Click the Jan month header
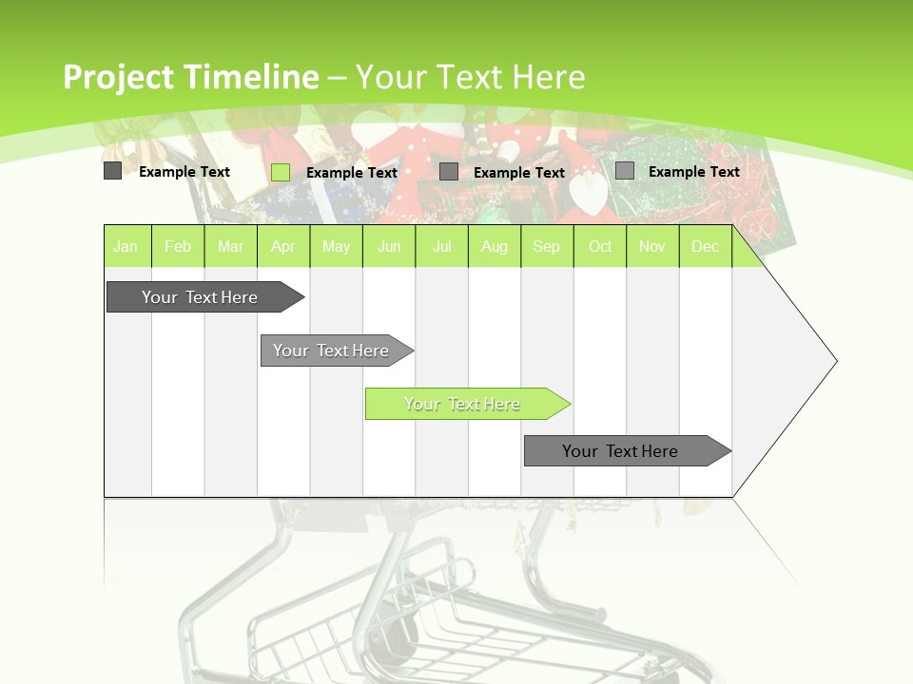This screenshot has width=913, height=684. tap(126, 247)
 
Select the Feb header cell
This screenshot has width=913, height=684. tap(178, 247)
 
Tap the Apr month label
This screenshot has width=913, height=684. tap(282, 247)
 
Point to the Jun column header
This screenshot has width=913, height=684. tap(389, 247)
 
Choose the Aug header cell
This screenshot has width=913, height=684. tap(494, 247)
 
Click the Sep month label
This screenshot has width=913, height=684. tap(546, 247)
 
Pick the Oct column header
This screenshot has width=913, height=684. tap(600, 247)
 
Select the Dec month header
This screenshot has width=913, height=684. tap(705, 247)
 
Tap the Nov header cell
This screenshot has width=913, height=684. tap(652, 247)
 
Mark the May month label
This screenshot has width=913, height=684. tap(336, 247)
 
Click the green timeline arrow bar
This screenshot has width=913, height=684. tap(464, 404)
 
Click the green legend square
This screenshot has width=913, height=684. tap(281, 172)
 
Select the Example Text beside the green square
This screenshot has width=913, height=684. tap(351, 173)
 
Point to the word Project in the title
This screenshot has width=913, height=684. tap(118, 77)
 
